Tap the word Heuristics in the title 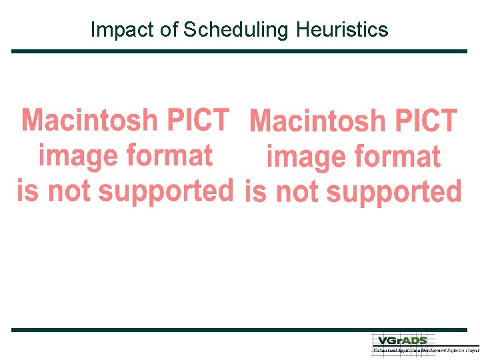pyautogui.click(x=342, y=30)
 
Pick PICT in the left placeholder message pyautogui.click(x=198, y=121)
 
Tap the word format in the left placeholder pyautogui.click(x=169, y=156)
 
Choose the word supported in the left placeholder pyautogui.click(x=167, y=192)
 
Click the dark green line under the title pyautogui.click(x=239, y=51)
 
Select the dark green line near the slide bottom pyautogui.click(x=239, y=330)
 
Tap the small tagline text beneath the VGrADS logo pyautogui.click(x=425, y=349)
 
